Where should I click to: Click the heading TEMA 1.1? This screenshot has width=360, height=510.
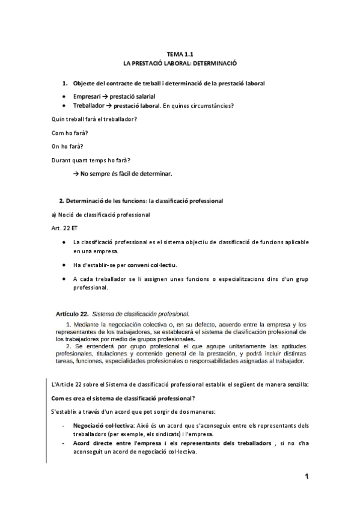tap(180, 54)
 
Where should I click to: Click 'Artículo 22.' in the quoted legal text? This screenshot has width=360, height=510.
tap(72, 313)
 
